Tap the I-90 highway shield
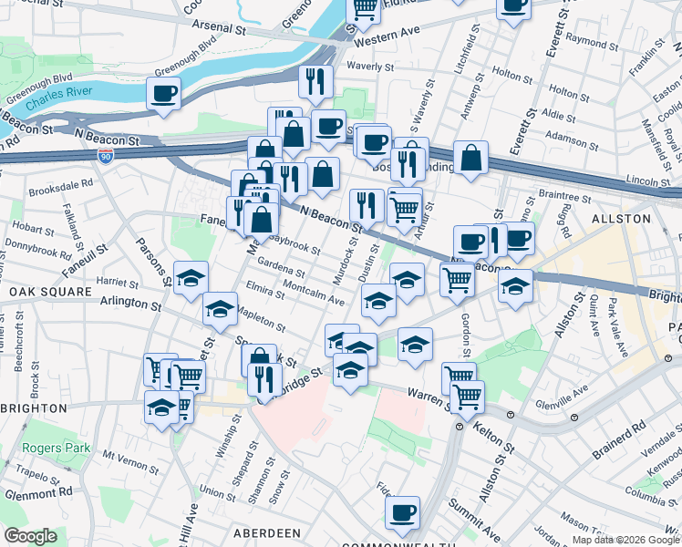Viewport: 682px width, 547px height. [106, 156]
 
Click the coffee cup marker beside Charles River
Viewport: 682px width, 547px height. [164, 92]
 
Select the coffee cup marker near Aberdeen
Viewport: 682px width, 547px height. [402, 512]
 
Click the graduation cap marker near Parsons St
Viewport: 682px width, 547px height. [191, 277]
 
